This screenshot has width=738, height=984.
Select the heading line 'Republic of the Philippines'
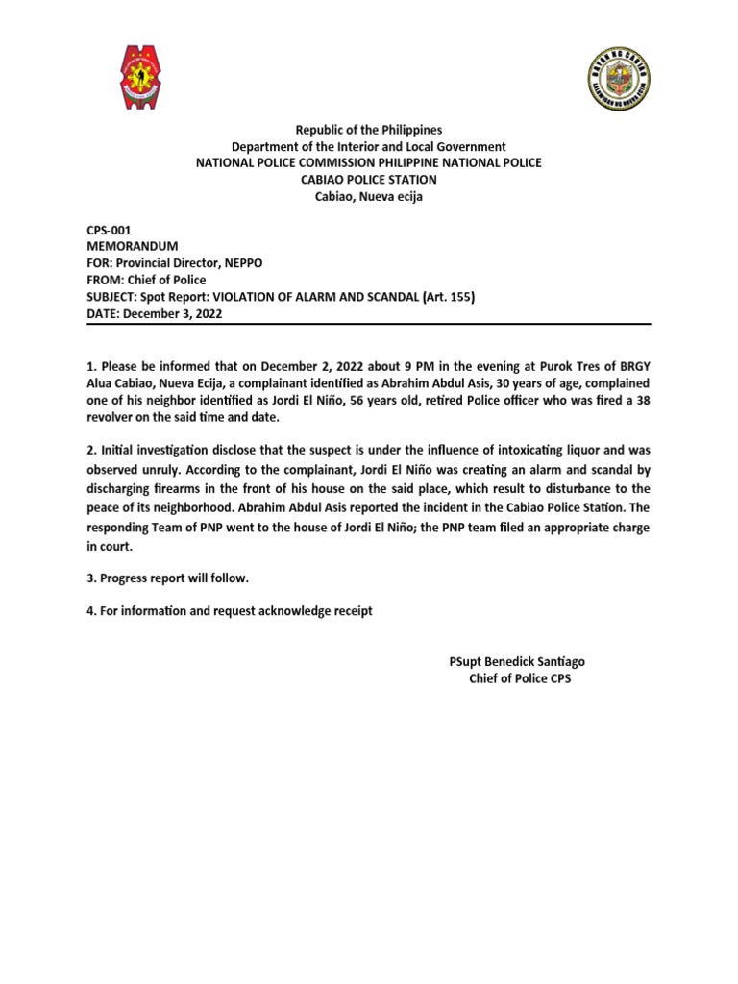pos(369,129)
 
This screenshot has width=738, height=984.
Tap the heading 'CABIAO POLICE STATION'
pos(369,180)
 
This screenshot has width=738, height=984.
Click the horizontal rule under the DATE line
pos(369,324)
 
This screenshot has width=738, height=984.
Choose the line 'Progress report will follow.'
pos(168,578)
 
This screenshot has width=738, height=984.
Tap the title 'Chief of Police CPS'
pos(520,678)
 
